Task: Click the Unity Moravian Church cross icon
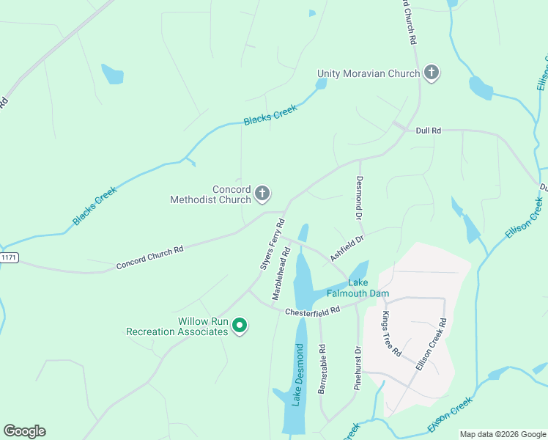tap(432, 73)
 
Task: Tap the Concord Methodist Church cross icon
tap(262, 194)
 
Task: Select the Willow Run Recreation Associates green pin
tap(239, 326)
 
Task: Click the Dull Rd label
tap(428, 131)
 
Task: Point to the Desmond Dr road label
tap(359, 198)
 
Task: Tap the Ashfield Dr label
tap(347, 246)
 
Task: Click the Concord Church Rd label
tap(149, 258)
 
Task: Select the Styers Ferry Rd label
tap(271, 244)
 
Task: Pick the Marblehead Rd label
tap(281, 272)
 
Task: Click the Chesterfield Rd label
tap(313, 311)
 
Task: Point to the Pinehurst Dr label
tap(358, 367)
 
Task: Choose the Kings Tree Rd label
tap(392, 334)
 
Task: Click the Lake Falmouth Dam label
tap(368, 288)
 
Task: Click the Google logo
tap(24, 431)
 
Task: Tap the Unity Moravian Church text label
tap(369, 73)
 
